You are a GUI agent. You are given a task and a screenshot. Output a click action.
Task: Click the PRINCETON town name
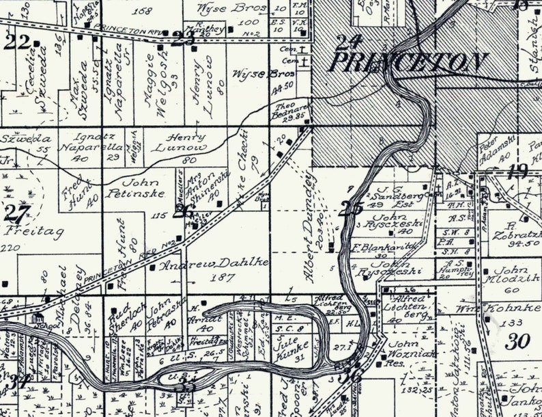coord(408,63)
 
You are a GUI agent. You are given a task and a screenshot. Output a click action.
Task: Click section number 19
coord(517,170)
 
